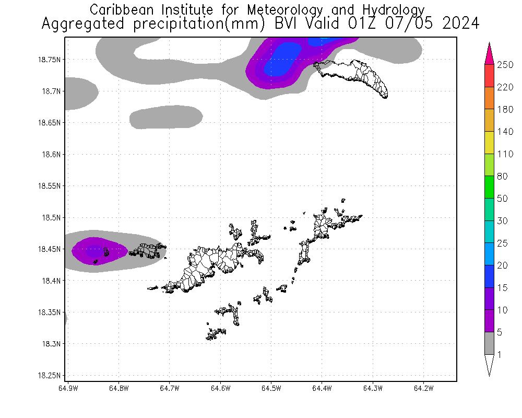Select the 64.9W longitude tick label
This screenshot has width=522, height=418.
(68, 388)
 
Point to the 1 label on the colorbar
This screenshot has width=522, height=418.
(500, 355)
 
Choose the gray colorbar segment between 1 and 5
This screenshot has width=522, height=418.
(490, 343)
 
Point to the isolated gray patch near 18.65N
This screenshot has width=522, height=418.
(165, 117)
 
